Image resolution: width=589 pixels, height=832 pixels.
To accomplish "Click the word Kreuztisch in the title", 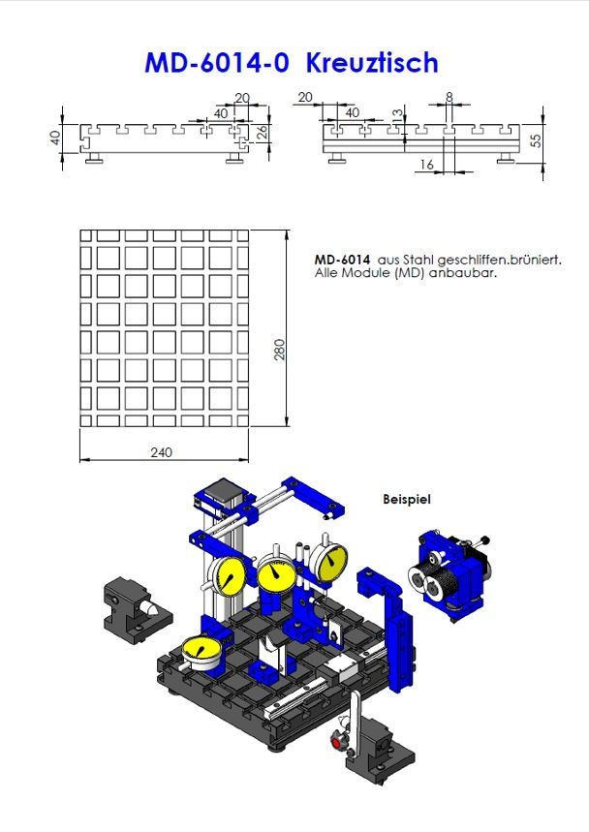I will pyautogui.click(x=372, y=63).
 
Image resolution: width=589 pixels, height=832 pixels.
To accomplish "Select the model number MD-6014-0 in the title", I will pyautogui.click(x=219, y=63).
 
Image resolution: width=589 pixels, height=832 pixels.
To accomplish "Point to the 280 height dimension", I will pyautogui.click(x=279, y=350).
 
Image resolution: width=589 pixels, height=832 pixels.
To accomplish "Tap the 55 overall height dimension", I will pyautogui.click(x=534, y=140).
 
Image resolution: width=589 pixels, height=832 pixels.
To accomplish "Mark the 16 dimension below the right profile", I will pyautogui.click(x=427, y=166).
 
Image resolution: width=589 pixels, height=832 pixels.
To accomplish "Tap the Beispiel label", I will pyautogui.click(x=407, y=500).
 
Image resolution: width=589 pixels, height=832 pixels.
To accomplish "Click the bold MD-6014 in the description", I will pyautogui.click(x=342, y=260).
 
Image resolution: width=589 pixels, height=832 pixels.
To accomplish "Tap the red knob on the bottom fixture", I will pyautogui.click(x=338, y=743).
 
